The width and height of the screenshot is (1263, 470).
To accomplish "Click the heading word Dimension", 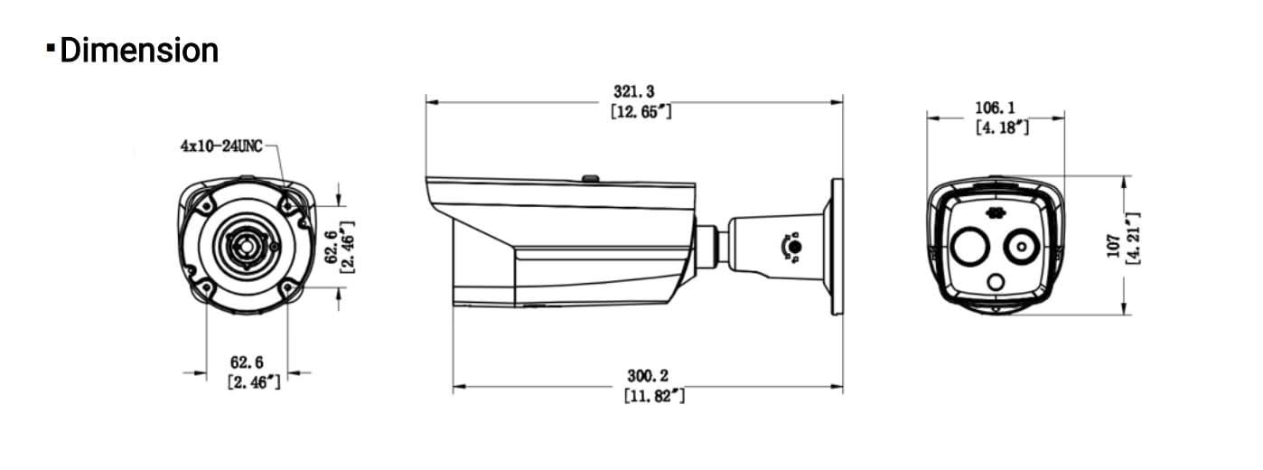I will click(x=138, y=51).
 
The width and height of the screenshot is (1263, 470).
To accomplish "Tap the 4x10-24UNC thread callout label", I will click(x=221, y=146).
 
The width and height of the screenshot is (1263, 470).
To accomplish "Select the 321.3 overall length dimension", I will click(x=633, y=92).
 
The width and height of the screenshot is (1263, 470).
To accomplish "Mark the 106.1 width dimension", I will click(x=995, y=108).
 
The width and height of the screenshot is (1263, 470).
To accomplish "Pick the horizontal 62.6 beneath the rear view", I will click(x=247, y=362).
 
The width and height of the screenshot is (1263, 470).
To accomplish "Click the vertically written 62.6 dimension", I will click(x=332, y=246).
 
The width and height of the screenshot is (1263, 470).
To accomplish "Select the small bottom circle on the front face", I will click(x=996, y=283).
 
